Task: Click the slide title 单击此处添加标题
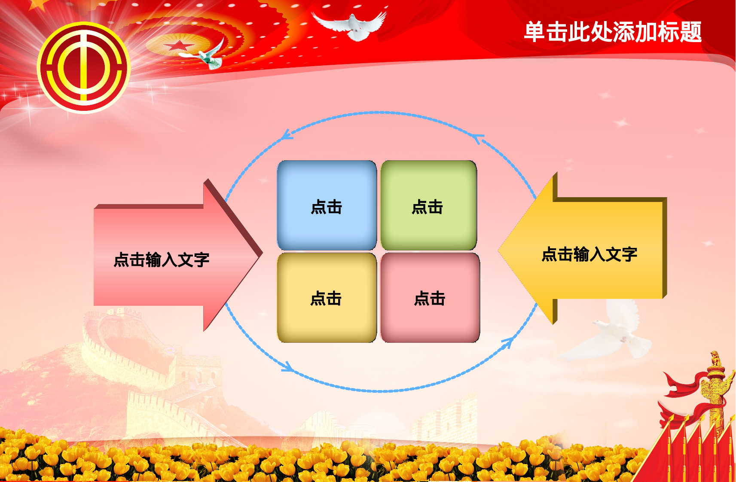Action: point(612,32)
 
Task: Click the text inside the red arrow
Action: point(161,260)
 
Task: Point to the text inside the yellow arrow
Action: point(589,254)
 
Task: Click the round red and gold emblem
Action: point(84,67)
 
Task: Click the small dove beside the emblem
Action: point(208,56)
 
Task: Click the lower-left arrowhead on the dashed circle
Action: point(287,367)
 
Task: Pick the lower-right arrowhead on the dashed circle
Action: point(507,343)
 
